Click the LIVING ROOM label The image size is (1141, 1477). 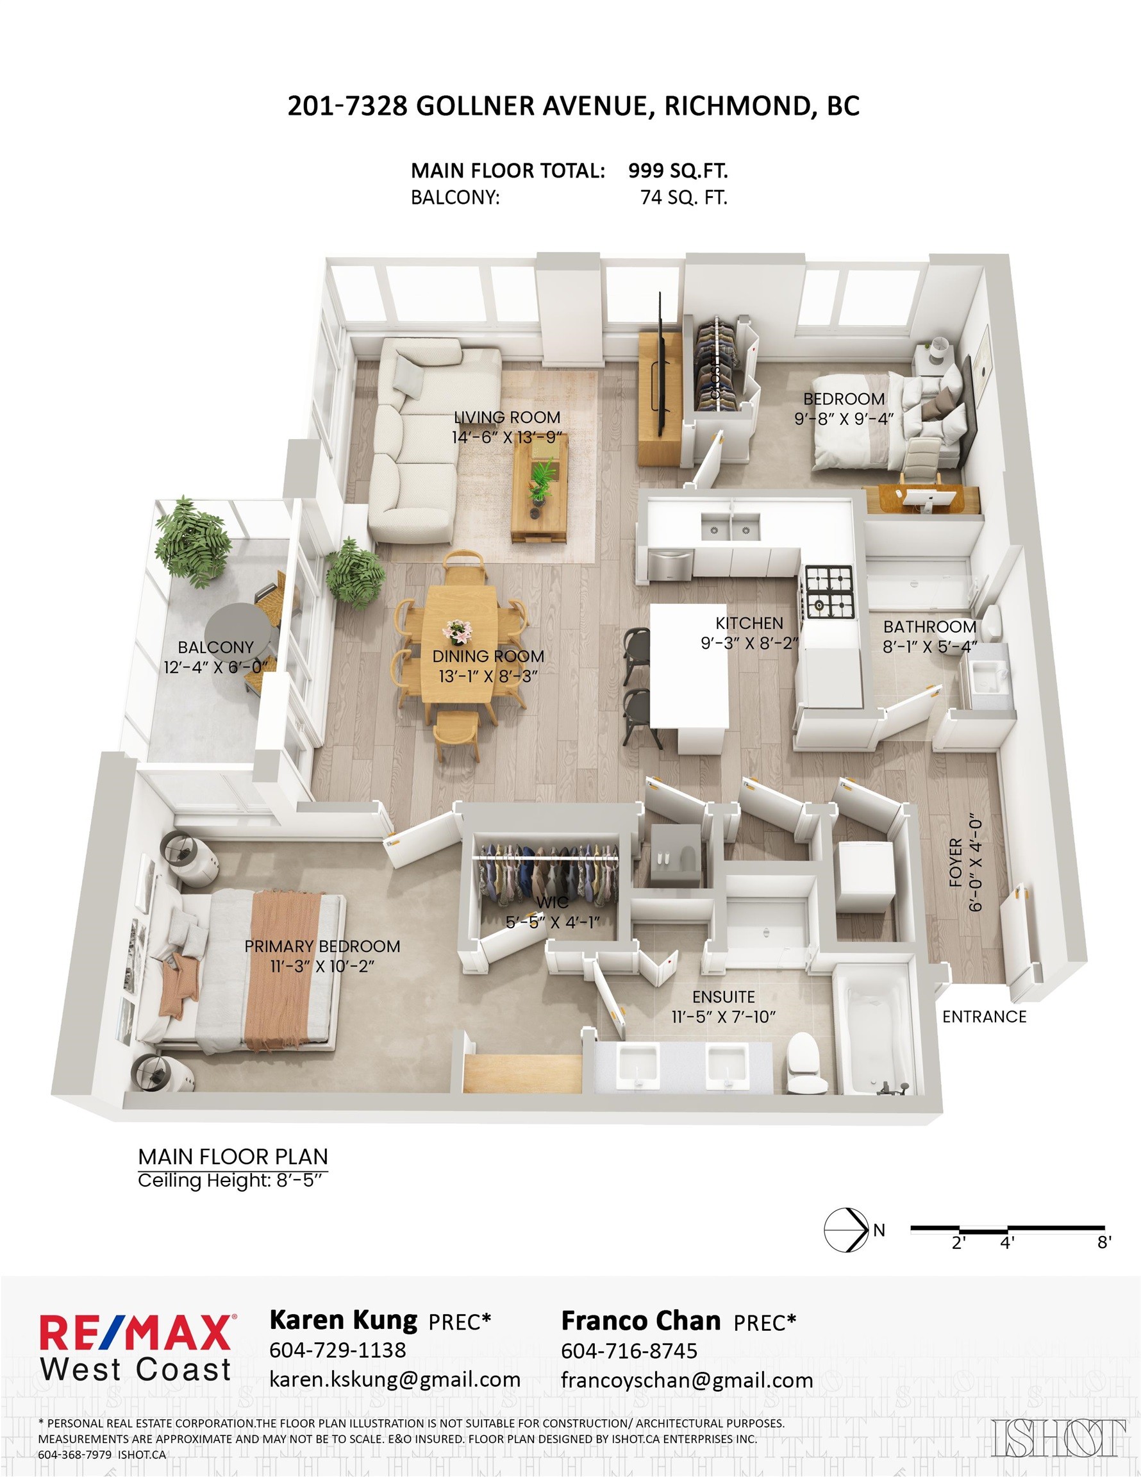[506, 417]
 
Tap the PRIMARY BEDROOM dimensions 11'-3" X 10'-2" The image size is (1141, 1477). [322, 967]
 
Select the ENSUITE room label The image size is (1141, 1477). [723, 997]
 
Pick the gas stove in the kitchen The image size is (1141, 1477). [830, 592]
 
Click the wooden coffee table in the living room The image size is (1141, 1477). [540, 485]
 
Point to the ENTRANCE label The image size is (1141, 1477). [984, 1017]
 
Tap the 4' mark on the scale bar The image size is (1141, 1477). [1007, 1242]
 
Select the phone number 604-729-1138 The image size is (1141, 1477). [338, 1350]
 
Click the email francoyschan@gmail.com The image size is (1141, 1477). [687, 1380]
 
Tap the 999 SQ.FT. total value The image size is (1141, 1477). [678, 171]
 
